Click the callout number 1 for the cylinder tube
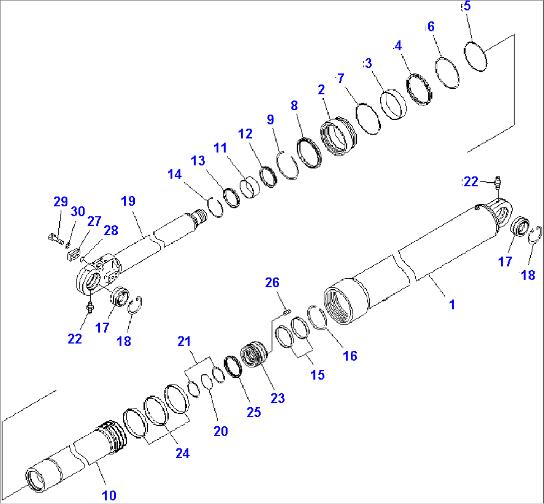click(452, 304)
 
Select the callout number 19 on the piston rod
click(128, 202)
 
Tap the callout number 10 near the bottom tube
click(109, 495)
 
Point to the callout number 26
click(272, 284)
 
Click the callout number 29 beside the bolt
click(60, 202)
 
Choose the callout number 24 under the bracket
click(182, 453)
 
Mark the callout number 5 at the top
click(467, 7)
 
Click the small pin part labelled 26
click(286, 312)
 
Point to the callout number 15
click(317, 374)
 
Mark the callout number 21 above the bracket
click(185, 341)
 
